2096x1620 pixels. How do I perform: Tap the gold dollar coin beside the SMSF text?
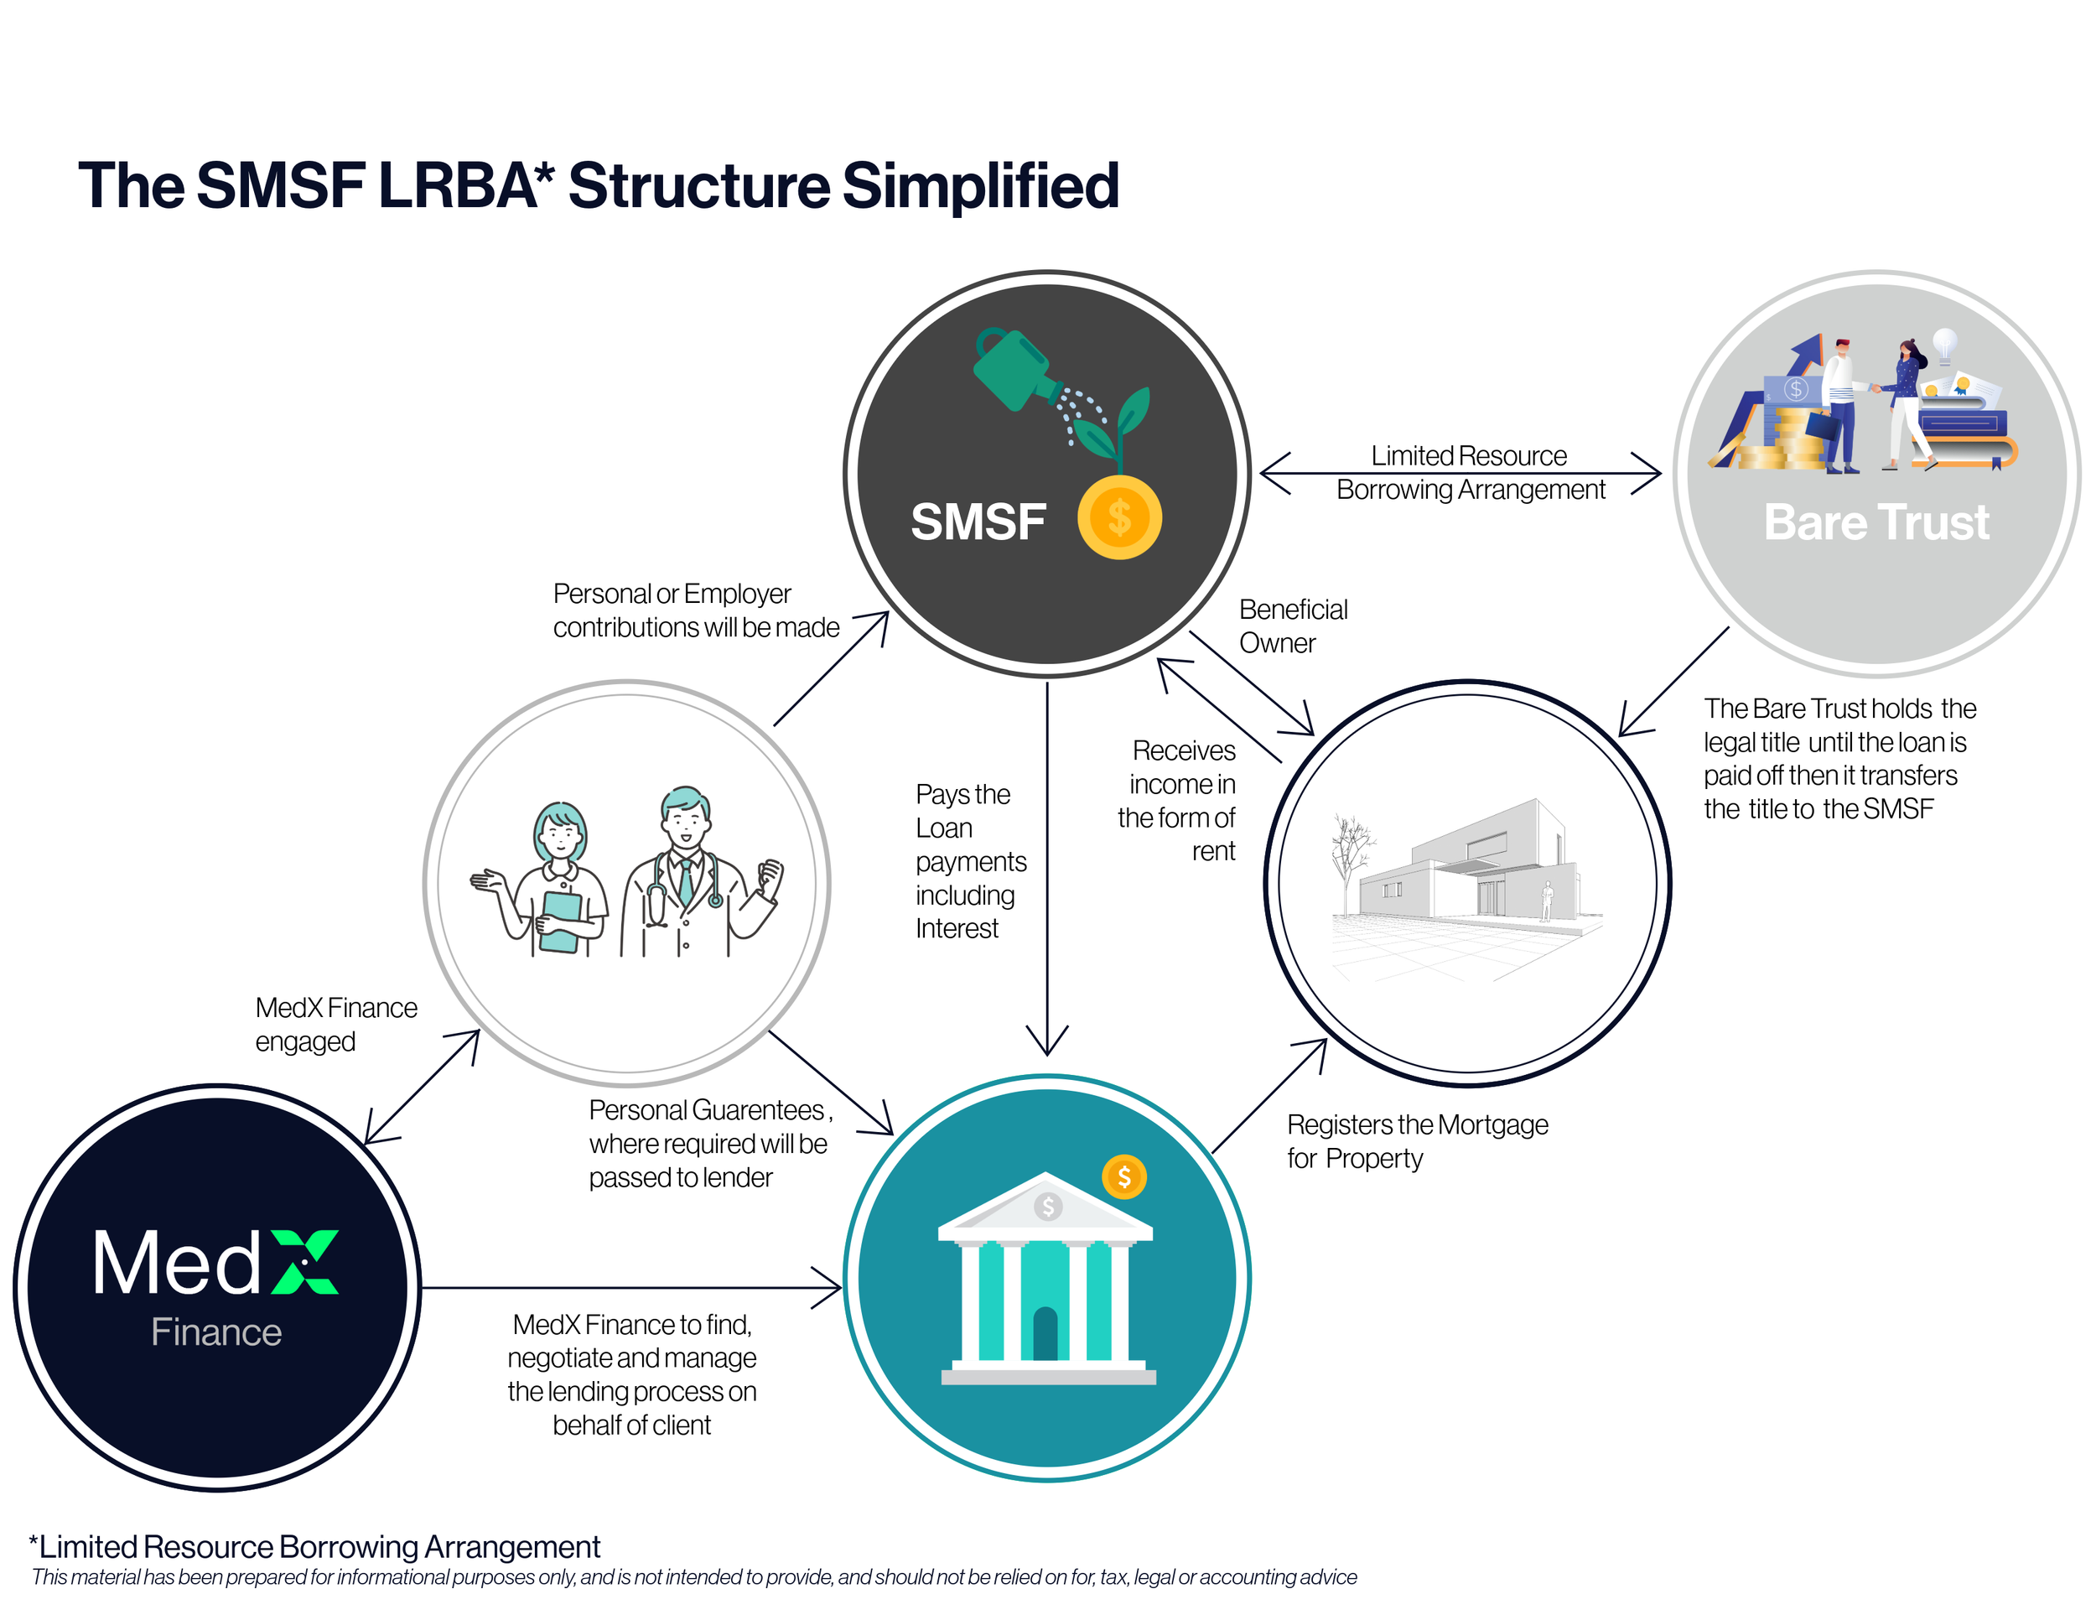[x=1119, y=518]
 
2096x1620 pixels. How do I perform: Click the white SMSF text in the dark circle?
[x=977, y=522]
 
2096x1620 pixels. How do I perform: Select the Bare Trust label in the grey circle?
[x=1876, y=523]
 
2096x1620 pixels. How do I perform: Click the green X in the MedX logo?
[x=305, y=1261]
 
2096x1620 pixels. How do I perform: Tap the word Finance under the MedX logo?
[x=216, y=1332]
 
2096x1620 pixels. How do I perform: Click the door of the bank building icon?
[x=1045, y=1334]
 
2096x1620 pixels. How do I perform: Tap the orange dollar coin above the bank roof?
[x=1123, y=1176]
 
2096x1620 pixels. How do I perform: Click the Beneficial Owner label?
[x=1292, y=626]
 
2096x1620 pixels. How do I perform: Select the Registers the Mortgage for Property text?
[x=1417, y=1141]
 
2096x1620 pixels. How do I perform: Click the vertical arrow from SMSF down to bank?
[x=1047, y=864]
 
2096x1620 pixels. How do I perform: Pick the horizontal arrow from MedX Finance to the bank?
[x=629, y=1287]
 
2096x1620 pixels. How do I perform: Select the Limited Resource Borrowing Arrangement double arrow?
[x=1459, y=473]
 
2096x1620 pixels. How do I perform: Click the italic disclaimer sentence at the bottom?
[x=693, y=1576]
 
